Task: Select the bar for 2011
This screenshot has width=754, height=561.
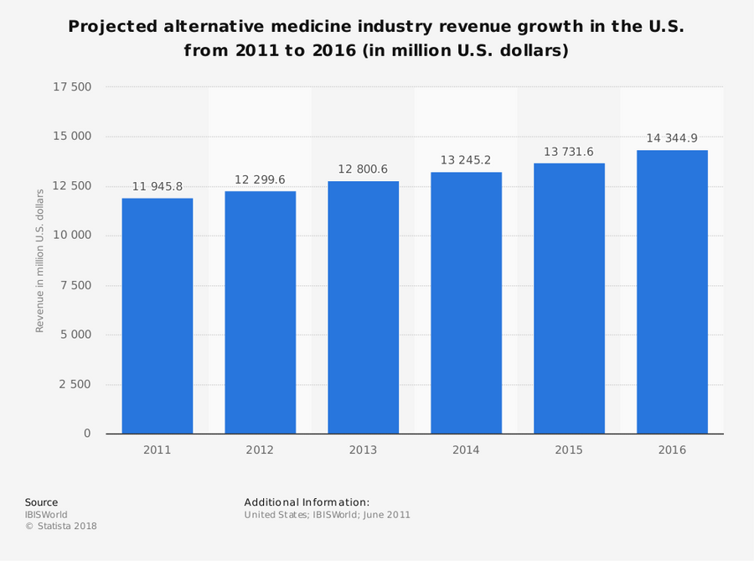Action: click(157, 316)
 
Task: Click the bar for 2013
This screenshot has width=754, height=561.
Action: click(363, 308)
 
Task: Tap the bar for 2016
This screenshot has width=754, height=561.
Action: click(672, 292)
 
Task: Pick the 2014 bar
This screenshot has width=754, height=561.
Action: click(466, 303)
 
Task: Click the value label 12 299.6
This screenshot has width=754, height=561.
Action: click(260, 179)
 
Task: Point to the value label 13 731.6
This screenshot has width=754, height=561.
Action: click(569, 152)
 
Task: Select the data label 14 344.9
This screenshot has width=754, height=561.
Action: click(672, 138)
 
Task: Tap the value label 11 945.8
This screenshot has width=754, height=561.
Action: click(157, 187)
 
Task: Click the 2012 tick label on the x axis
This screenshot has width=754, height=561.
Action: click(260, 450)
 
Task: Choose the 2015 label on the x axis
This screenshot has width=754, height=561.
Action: click(569, 450)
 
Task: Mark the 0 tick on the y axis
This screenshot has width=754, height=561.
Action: click(87, 434)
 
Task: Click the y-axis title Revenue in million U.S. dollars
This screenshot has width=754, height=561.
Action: click(39, 260)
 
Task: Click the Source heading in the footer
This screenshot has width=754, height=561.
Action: click(41, 502)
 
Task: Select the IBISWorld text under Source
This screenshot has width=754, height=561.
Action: click(46, 515)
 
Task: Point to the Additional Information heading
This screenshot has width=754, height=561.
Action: click(307, 502)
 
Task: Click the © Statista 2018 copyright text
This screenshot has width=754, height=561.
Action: click(60, 527)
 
